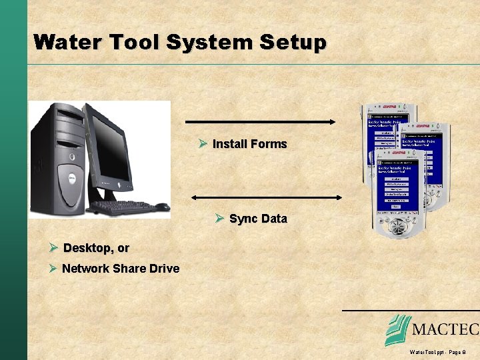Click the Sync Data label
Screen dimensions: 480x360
258,219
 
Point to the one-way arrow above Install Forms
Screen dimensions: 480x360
260,122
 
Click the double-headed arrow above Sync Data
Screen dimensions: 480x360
266,197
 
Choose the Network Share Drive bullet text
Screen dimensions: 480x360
121,269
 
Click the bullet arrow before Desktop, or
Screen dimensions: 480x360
54,248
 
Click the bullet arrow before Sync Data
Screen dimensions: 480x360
220,219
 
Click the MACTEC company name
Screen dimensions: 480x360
445,329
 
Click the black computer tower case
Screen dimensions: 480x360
60,160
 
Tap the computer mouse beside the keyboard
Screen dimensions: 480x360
163,207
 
